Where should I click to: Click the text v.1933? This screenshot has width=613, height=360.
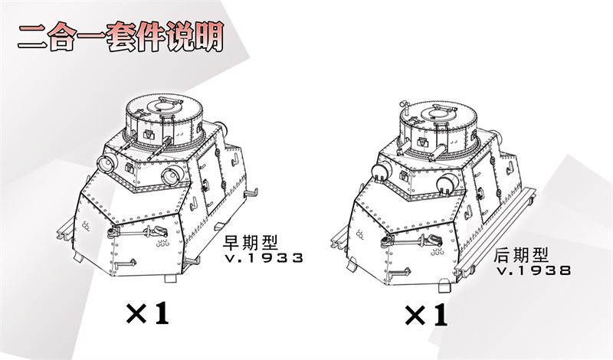tap(264, 257)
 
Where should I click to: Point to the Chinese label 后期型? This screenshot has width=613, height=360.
tap(522, 254)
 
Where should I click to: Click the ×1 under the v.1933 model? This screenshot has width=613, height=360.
tap(147, 313)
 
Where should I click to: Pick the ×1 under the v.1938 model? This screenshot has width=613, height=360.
tap(426, 314)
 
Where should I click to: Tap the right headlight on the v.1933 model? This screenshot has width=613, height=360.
tap(170, 177)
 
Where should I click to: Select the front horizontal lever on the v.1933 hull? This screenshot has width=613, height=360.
tap(135, 230)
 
